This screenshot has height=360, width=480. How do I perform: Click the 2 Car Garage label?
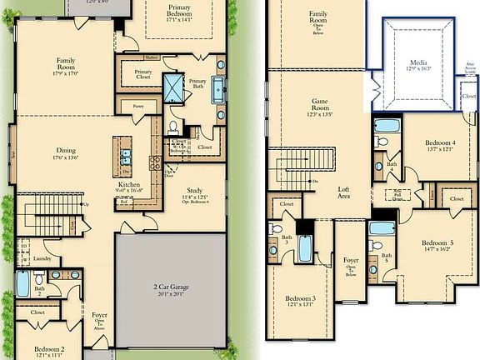(170, 287)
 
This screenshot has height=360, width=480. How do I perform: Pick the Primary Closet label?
(142, 75)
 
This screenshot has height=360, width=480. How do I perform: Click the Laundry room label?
(42, 259)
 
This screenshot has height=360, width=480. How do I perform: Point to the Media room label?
(417, 62)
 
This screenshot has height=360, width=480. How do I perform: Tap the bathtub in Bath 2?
(23, 284)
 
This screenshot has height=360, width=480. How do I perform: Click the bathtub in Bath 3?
(306, 247)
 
